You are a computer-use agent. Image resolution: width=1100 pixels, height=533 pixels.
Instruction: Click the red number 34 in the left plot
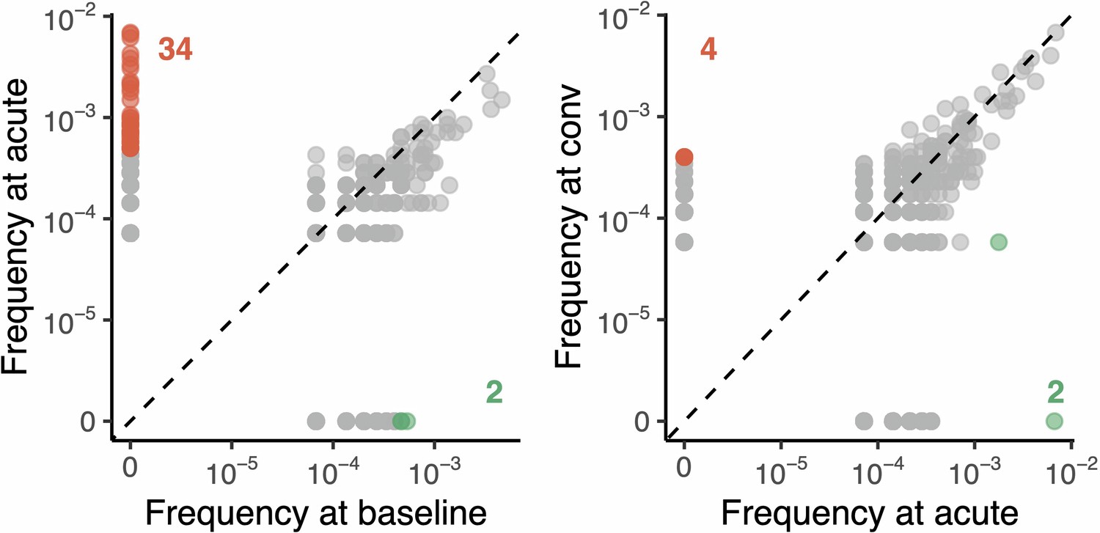[x=175, y=51]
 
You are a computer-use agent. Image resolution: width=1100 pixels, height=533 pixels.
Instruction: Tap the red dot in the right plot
[x=683, y=157]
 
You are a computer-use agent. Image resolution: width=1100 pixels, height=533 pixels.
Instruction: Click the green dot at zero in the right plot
[x=1054, y=421]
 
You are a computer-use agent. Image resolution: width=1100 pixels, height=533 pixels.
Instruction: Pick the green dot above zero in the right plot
[x=998, y=242]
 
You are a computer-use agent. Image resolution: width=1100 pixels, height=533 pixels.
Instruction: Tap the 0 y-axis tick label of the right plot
[x=641, y=422]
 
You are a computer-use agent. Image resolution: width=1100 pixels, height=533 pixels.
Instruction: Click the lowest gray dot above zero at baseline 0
[x=131, y=233]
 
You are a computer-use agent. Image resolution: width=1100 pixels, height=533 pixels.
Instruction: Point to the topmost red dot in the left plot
[x=131, y=32]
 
